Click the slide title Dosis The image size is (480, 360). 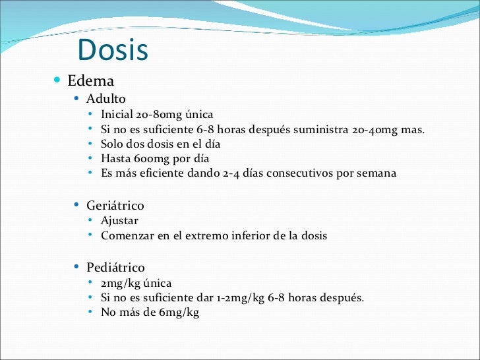click(112, 51)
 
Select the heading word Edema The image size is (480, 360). click(91, 81)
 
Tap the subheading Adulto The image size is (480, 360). click(105, 99)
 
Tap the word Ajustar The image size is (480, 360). click(119, 221)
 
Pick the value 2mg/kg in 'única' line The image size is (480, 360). click(121, 283)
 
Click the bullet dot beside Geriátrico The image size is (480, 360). click(76, 205)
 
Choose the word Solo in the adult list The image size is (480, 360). click(113, 144)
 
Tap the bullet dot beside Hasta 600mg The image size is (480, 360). click(90, 158)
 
